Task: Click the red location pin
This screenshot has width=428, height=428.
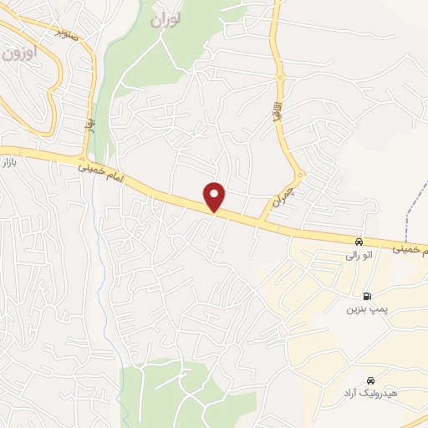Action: [215, 196]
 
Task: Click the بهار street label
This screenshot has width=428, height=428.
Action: [88, 125]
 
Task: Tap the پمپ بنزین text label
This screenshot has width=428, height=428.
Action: [366, 308]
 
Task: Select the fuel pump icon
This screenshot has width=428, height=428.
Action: [366, 295]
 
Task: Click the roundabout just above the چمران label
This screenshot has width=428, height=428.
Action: [300, 176]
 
